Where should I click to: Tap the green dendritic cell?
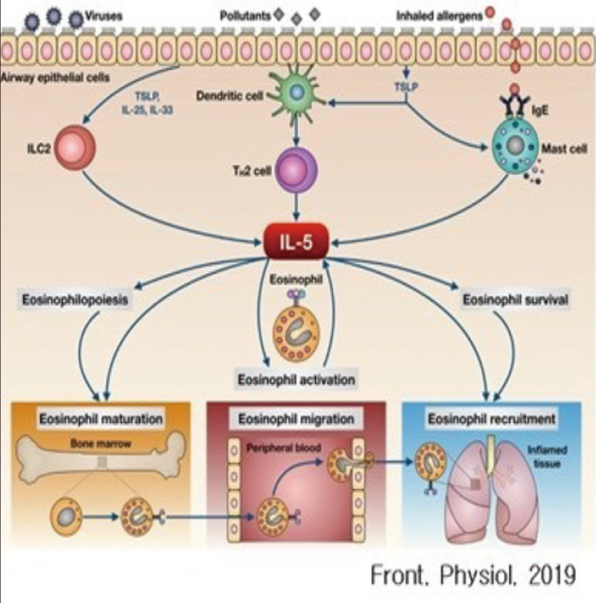click(297, 92)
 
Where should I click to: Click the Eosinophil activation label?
click(296, 380)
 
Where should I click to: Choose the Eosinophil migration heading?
click(297, 419)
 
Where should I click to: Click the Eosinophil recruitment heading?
click(492, 419)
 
